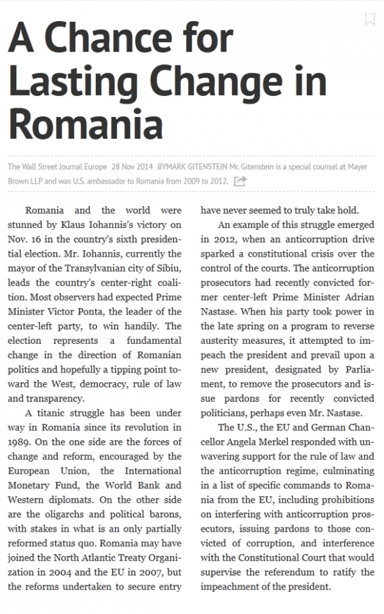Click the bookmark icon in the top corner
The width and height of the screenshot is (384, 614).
point(369,19)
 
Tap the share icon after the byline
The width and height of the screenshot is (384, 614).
point(240,181)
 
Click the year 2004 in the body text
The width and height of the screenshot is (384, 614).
point(70,571)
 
